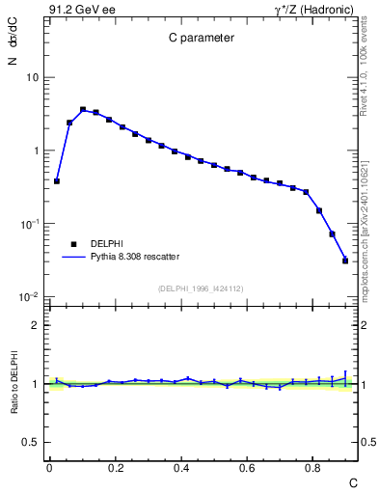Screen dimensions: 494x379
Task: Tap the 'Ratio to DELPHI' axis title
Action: coord(13,383)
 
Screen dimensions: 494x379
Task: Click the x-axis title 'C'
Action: coord(352,481)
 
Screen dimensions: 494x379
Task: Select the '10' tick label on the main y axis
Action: coord(33,77)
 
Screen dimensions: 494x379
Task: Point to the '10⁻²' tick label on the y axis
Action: coord(29,296)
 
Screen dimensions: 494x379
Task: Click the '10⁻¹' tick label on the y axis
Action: coord(29,223)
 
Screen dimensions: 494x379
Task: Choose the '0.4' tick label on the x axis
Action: coord(181,467)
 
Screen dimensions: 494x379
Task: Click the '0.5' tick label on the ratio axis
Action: coord(32,442)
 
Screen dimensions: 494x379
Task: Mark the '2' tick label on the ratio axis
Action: coord(37,325)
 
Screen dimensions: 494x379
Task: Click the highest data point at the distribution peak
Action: coord(83,110)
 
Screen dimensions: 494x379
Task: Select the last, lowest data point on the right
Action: coord(345,261)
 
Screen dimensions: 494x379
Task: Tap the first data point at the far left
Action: coord(57,181)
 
